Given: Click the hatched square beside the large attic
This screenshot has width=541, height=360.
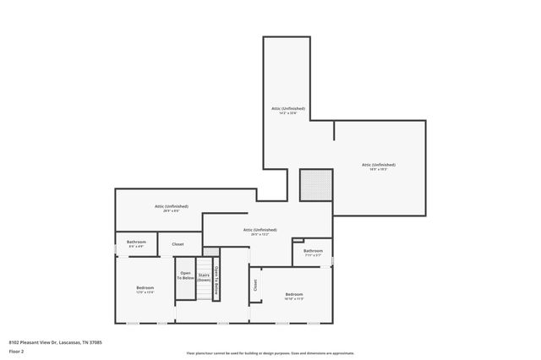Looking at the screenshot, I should [x=316, y=185].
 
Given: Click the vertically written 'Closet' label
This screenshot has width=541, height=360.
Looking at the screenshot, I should [x=255, y=286].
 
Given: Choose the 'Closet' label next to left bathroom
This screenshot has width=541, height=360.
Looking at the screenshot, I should [x=178, y=244].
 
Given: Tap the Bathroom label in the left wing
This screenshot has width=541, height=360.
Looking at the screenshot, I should [x=136, y=242].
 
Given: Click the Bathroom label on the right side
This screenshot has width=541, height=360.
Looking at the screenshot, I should [x=314, y=250].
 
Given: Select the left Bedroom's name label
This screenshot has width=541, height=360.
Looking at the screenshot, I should [x=145, y=287].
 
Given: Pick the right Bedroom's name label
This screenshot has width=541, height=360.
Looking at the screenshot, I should [x=294, y=294].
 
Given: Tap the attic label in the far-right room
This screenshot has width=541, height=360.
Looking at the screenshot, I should [x=378, y=165].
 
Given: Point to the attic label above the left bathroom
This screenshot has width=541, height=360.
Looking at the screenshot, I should [x=172, y=206].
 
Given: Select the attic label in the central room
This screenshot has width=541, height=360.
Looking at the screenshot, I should [x=260, y=230].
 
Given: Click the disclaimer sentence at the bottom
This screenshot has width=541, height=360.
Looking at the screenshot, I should [x=270, y=353].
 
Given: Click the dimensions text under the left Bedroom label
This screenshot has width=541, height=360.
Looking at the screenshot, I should [x=145, y=292].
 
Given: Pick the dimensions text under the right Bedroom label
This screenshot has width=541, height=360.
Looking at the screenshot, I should [x=294, y=299].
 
